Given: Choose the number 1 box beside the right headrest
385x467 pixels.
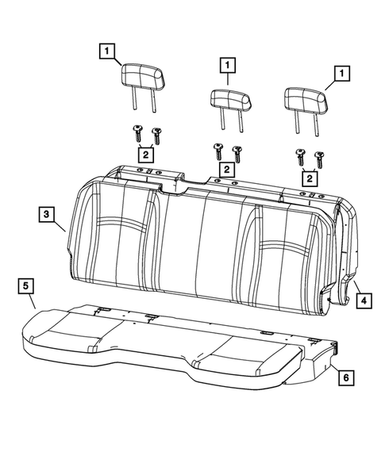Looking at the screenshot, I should (x=343, y=74).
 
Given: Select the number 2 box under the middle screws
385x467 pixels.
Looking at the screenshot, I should (x=226, y=169).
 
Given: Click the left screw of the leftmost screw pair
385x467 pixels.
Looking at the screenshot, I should (x=137, y=130).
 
